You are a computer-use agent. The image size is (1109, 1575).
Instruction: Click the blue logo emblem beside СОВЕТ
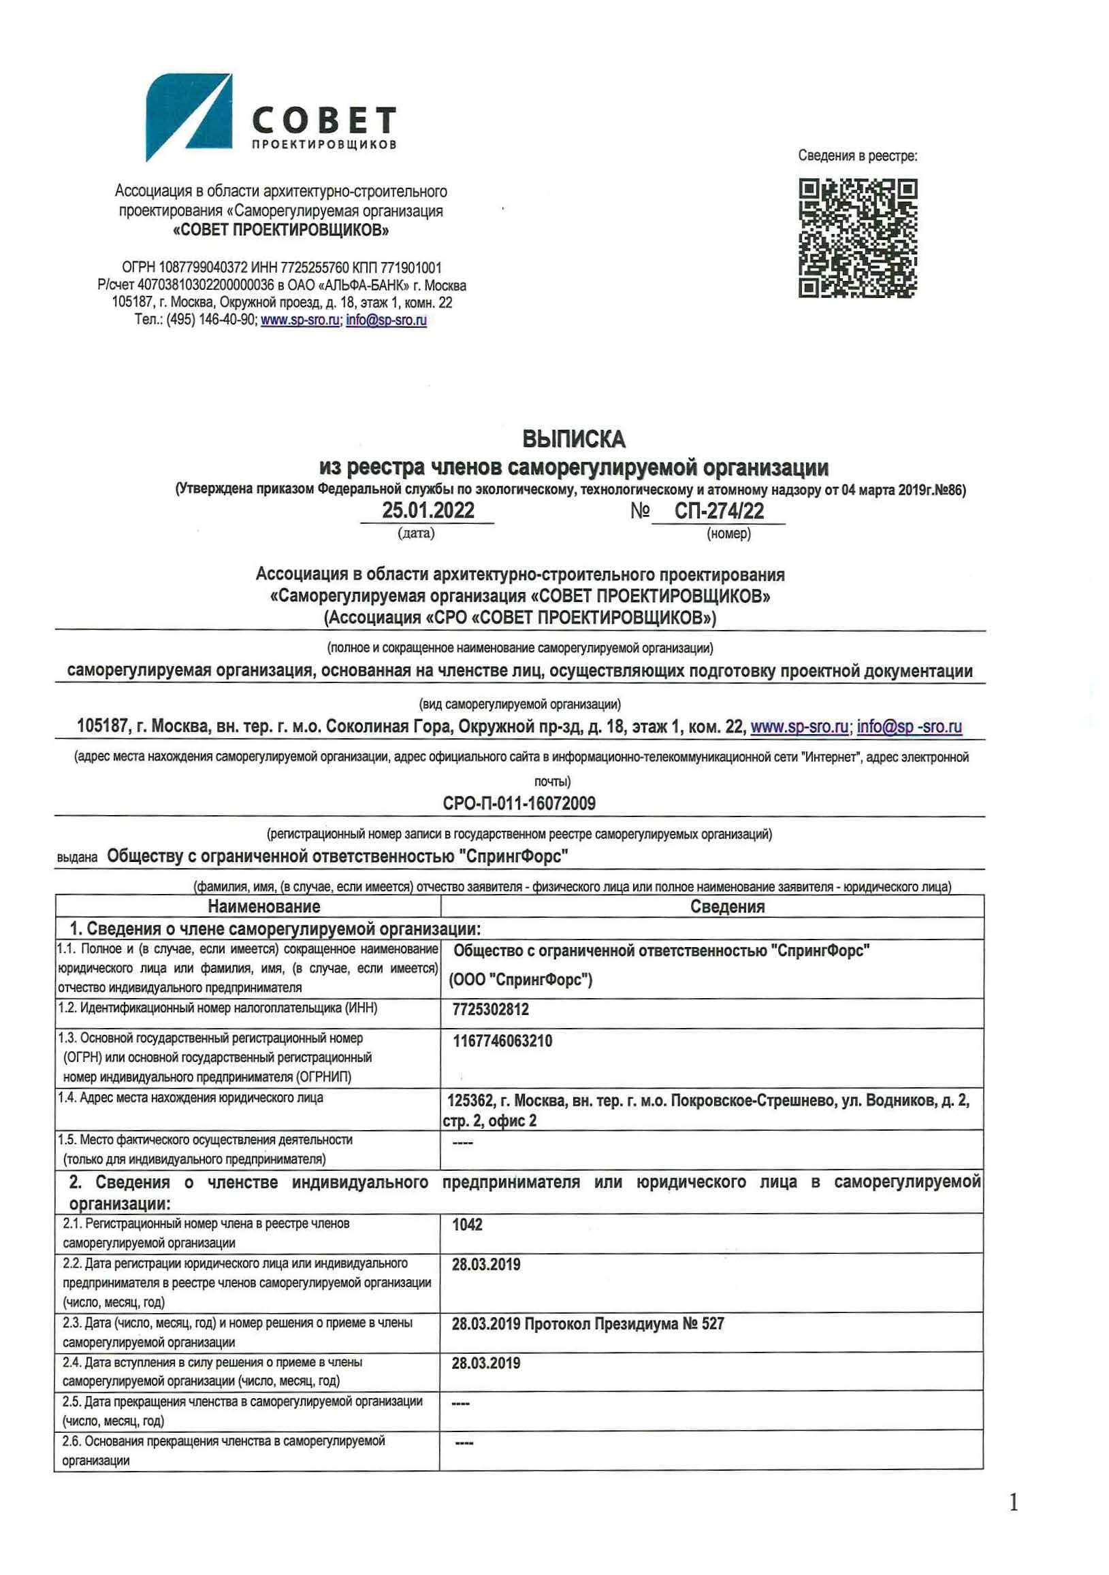click(x=189, y=117)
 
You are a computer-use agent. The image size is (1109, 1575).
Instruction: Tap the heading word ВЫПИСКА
click(x=574, y=438)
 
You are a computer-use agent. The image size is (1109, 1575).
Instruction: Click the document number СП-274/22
click(x=718, y=510)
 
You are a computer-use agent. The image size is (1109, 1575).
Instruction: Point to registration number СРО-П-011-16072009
click(x=519, y=803)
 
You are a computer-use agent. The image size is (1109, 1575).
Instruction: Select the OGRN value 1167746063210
click(x=502, y=1041)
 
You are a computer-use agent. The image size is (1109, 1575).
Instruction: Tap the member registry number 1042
click(x=466, y=1225)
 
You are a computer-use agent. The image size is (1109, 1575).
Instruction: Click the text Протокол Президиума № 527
click(x=624, y=1324)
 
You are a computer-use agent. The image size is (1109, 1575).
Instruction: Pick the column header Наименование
click(x=263, y=906)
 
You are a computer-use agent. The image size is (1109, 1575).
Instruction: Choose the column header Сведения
click(x=727, y=906)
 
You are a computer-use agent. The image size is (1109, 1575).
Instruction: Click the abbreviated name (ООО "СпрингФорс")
click(x=520, y=980)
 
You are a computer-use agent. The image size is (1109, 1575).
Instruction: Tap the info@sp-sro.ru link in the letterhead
click(x=387, y=320)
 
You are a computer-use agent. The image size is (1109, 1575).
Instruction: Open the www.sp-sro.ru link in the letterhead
click(x=300, y=320)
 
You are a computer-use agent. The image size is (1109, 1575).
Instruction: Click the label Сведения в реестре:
click(x=857, y=156)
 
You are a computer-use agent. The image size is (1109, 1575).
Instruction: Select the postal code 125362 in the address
click(x=470, y=1100)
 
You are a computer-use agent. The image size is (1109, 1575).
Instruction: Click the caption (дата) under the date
click(x=416, y=533)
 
